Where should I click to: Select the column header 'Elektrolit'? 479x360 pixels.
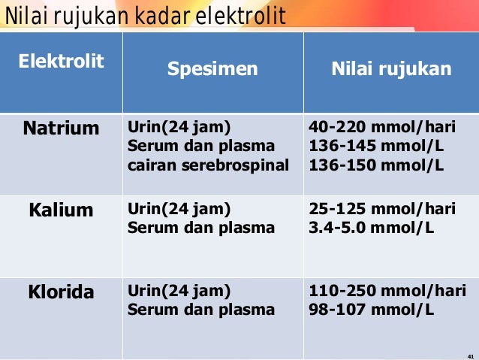pyautogui.click(x=61, y=60)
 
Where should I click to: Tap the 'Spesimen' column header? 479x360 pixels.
pyautogui.click(x=212, y=70)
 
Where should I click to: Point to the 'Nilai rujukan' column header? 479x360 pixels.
pyautogui.click(x=391, y=70)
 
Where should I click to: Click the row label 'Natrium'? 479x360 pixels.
pyautogui.click(x=61, y=129)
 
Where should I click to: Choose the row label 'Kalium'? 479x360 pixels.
pyautogui.click(x=61, y=210)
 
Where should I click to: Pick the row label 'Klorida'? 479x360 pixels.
pyautogui.click(x=61, y=292)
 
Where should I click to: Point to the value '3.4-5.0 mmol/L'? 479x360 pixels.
pyautogui.click(x=372, y=227)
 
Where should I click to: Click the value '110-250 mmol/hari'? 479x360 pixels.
pyautogui.click(x=387, y=290)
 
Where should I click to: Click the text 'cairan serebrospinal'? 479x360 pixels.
pyautogui.click(x=208, y=165)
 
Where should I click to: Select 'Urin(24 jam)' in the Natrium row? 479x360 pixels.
pyautogui.click(x=179, y=126)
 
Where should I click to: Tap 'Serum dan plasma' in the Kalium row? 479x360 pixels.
pyautogui.click(x=201, y=227)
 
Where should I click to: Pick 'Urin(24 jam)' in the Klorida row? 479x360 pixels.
pyautogui.click(x=179, y=290)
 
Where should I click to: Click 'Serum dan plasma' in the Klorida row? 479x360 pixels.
pyautogui.click(x=201, y=309)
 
